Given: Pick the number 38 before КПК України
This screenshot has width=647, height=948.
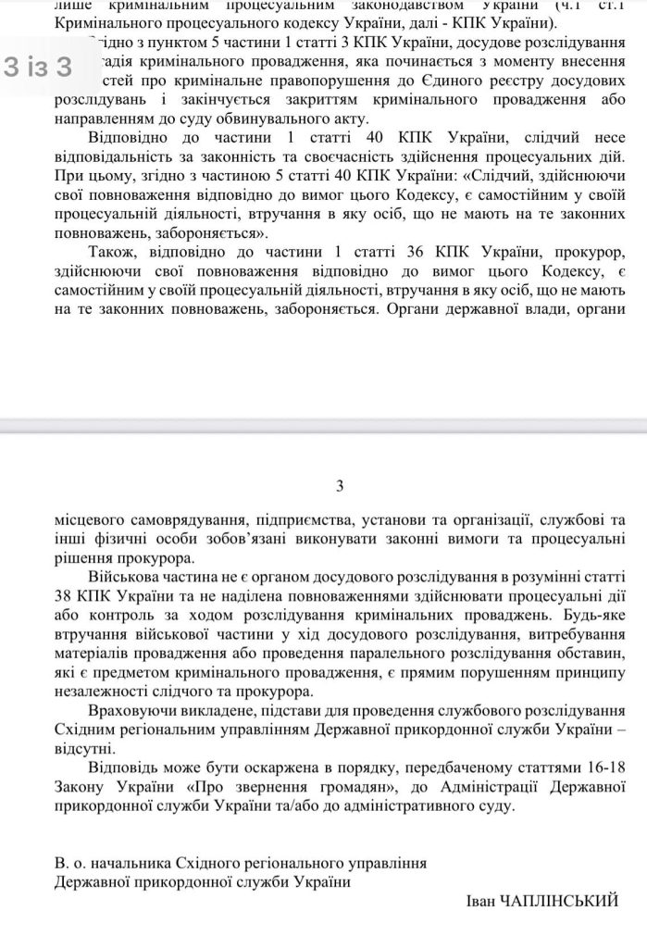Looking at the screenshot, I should [x=68, y=598].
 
